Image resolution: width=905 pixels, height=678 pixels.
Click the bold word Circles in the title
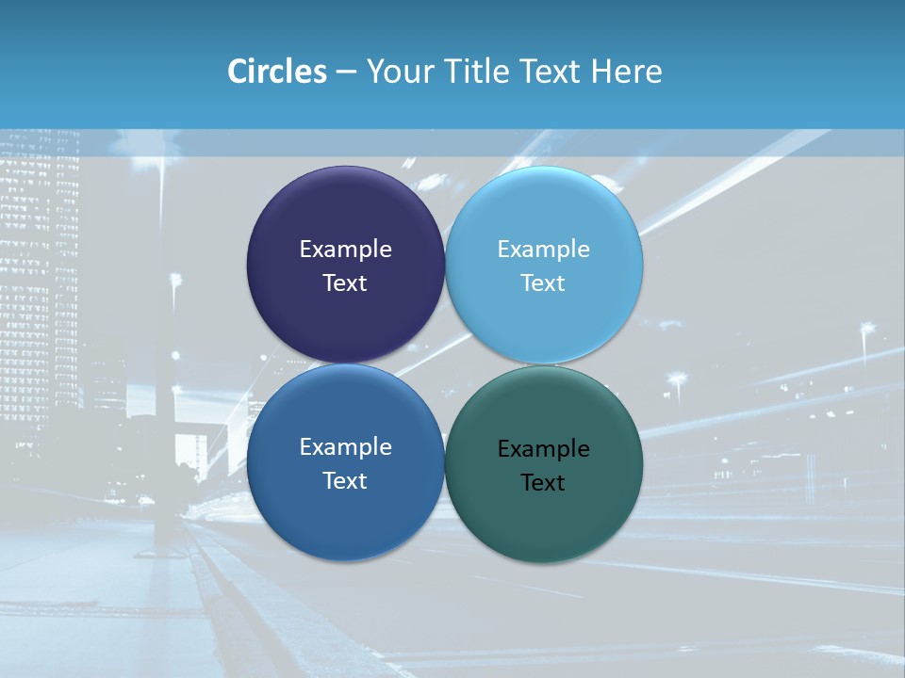[x=276, y=72]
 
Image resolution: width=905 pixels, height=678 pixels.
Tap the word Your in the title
[x=396, y=72]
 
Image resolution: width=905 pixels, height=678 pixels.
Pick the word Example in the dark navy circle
[x=345, y=249]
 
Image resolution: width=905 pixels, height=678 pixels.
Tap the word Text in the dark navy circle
[x=345, y=282]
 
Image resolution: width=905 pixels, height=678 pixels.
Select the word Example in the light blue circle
[x=543, y=249]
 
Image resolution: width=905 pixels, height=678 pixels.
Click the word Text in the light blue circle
[x=543, y=282]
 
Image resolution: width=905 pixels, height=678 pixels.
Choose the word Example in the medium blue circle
[x=345, y=446]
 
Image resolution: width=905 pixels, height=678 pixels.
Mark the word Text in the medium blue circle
[x=345, y=480]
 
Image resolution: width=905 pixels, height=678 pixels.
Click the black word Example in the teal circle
[x=543, y=449]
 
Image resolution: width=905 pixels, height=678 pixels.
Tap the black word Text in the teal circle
[x=543, y=483]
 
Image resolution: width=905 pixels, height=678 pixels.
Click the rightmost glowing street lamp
[x=866, y=329]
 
